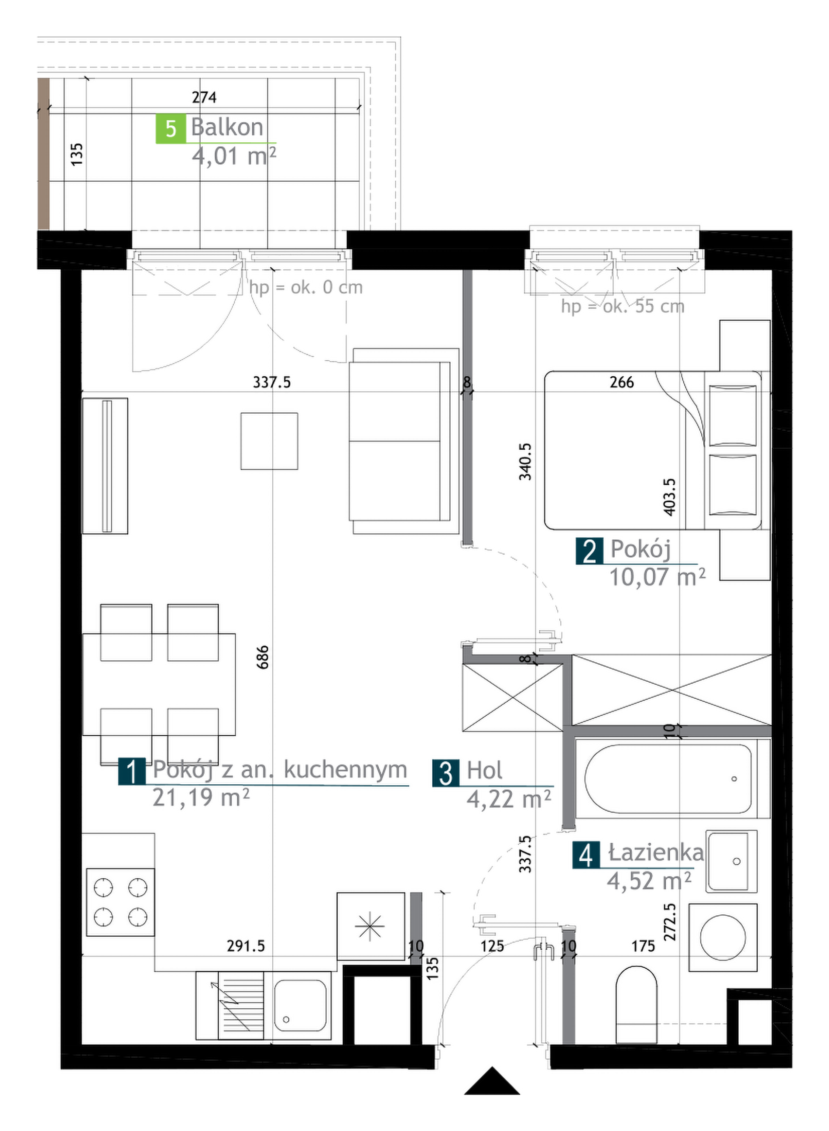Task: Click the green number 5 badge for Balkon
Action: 171,129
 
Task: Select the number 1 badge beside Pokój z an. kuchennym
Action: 132,772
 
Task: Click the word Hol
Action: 484,770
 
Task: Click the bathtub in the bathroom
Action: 672,778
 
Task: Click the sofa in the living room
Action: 404,441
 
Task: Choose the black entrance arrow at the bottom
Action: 492,1081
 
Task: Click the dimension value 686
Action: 263,657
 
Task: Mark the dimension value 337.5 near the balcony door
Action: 271,382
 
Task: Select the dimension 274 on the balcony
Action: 204,97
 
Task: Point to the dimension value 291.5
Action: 246,946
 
